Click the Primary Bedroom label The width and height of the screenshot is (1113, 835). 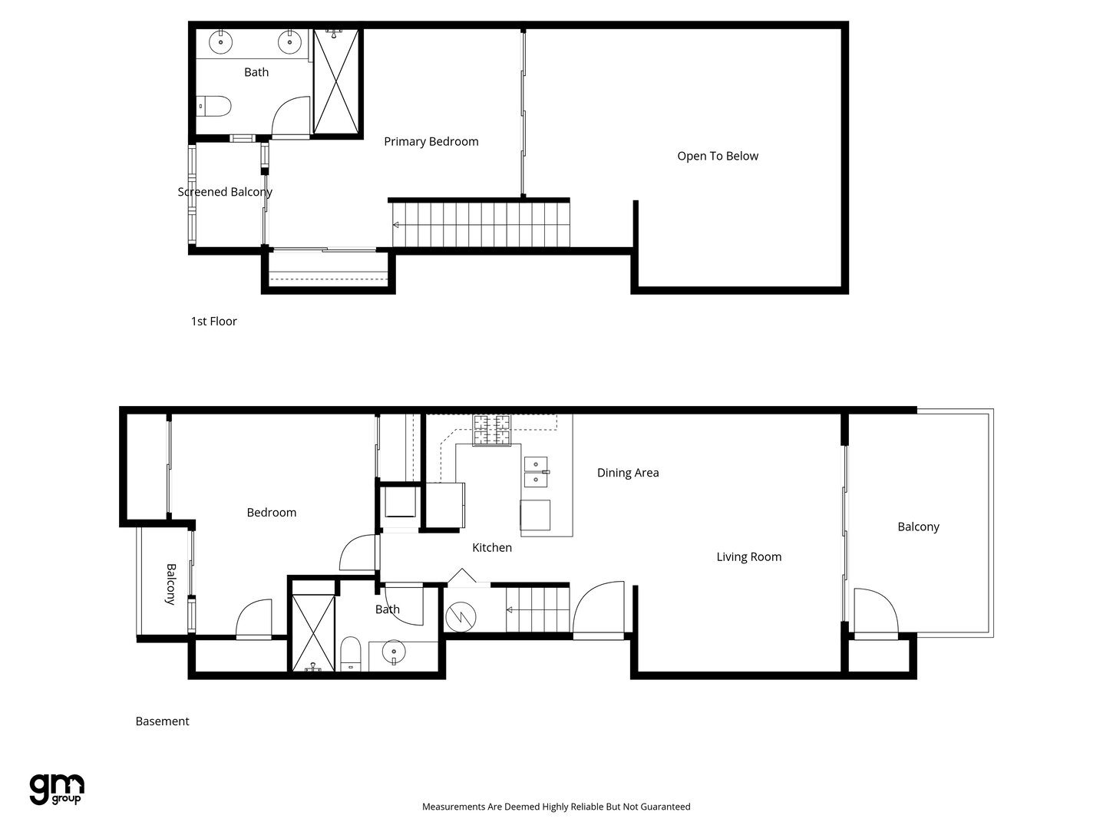(431, 141)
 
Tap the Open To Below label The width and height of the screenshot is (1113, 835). (718, 156)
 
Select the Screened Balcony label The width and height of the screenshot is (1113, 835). (225, 192)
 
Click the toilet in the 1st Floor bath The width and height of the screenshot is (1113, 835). (213, 107)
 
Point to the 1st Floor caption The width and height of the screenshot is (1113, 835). (213, 322)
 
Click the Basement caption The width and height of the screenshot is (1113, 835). (162, 721)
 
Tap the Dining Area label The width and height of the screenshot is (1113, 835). (628, 473)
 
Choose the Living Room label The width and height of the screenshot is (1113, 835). (749, 557)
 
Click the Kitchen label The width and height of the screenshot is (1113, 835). (492, 547)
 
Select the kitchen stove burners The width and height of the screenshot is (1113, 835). (491, 431)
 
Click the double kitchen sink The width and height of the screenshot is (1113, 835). (536, 471)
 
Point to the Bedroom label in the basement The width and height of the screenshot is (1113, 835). (271, 513)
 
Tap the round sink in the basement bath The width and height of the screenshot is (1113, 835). (394, 652)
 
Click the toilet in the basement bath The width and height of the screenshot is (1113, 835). (350, 654)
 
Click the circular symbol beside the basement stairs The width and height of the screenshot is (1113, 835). (461, 616)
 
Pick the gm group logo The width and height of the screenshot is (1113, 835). (57, 790)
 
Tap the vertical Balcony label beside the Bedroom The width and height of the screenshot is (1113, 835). (171, 585)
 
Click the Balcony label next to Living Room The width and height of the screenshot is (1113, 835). (918, 526)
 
